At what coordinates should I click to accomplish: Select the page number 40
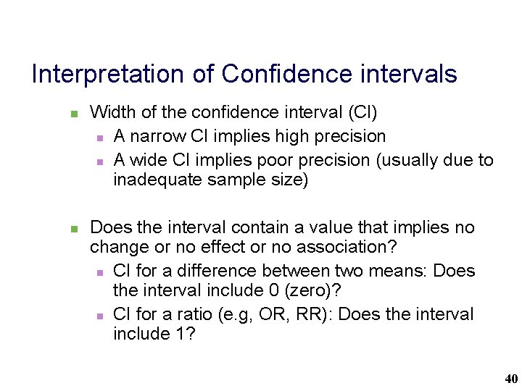pyautogui.click(x=510, y=379)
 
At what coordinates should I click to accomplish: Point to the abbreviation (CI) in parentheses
pyautogui.click(x=363, y=112)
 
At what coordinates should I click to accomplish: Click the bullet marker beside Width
pyautogui.click(x=73, y=114)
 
